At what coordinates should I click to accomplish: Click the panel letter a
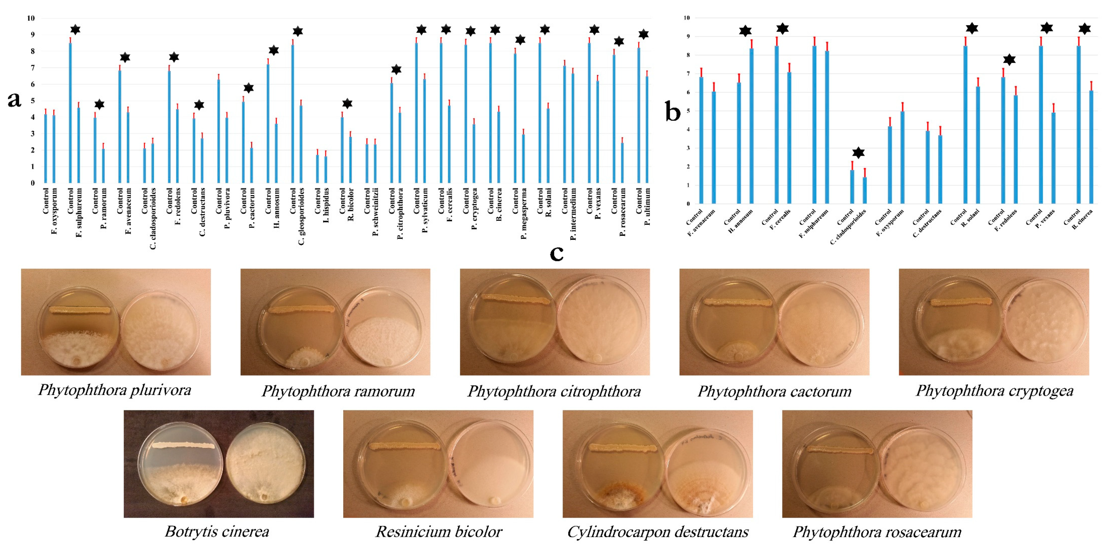14,100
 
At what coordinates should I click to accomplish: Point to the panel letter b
673,112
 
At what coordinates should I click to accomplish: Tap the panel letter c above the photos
556,254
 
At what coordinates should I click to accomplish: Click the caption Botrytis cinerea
217,531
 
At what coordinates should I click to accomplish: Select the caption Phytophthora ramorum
338,391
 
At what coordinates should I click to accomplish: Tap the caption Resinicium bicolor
439,531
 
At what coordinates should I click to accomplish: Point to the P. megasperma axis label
524,213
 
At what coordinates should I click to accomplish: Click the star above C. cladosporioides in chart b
858,153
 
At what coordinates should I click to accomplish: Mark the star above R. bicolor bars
347,103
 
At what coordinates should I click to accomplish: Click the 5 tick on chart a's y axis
32,101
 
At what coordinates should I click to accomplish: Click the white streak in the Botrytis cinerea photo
183,445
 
